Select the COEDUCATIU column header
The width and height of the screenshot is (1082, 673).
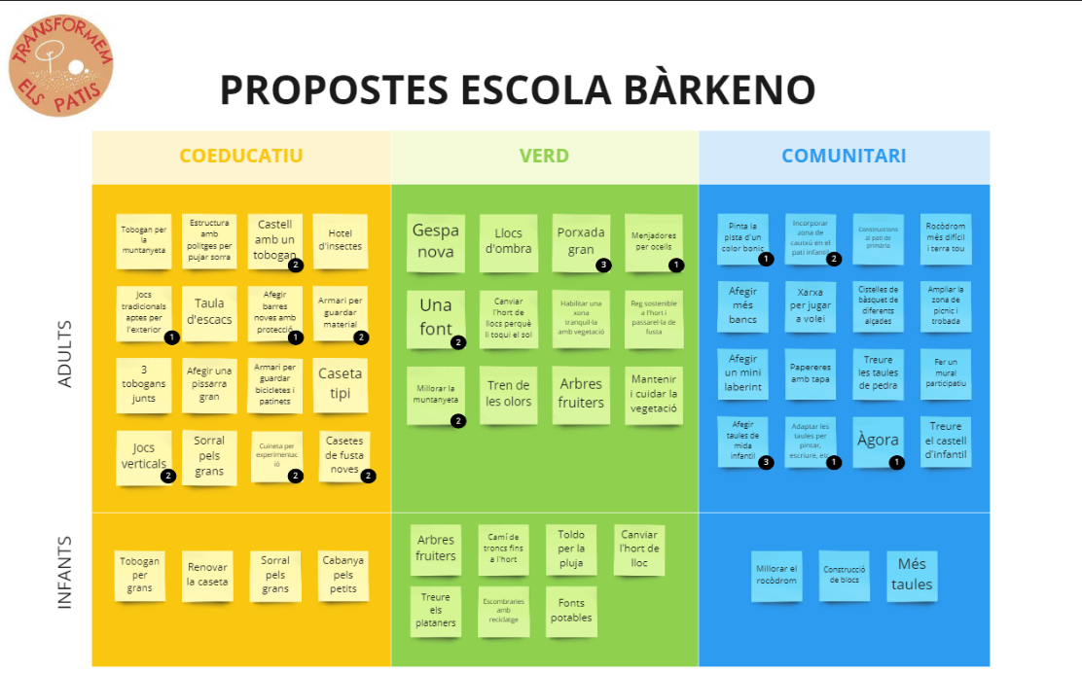[x=241, y=157]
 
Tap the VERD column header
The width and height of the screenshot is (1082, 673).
[x=544, y=157]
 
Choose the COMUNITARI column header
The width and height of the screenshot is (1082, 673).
[x=844, y=157]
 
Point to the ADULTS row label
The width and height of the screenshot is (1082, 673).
[x=65, y=354]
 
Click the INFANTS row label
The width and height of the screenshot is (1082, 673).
[x=65, y=573]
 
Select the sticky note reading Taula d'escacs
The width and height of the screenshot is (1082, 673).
[x=209, y=312]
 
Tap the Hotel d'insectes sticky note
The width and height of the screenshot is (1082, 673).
[x=340, y=240]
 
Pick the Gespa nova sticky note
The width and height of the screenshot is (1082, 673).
[x=434, y=242]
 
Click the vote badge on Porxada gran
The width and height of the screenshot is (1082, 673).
[x=603, y=265]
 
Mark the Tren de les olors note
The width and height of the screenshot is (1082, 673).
[x=508, y=394]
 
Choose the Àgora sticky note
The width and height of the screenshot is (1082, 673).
[x=878, y=441]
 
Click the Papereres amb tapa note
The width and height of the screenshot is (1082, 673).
[x=810, y=373]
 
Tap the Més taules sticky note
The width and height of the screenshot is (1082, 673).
[x=912, y=575]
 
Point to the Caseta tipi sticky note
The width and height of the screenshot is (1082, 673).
[x=340, y=383]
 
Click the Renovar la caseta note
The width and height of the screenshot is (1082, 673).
[x=207, y=575]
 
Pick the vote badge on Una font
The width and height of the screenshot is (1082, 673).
[x=458, y=342]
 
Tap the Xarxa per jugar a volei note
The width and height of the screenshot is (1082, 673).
[x=810, y=306]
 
